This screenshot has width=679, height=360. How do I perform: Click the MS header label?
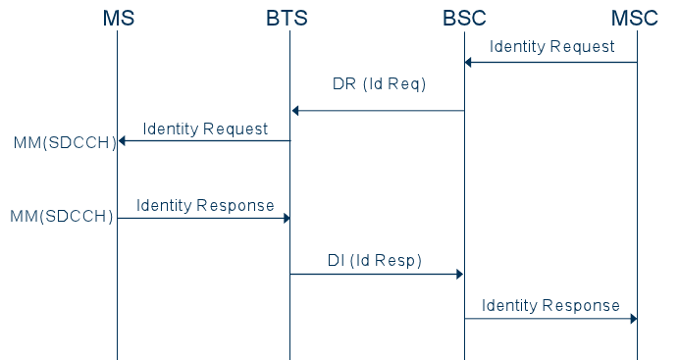pos(118,18)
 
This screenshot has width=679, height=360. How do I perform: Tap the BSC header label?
pos(464,18)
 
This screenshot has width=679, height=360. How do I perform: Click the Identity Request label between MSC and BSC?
pos(552,46)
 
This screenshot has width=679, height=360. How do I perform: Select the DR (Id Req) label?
pos(379,84)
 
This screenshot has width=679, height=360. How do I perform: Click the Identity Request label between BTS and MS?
pos(205,129)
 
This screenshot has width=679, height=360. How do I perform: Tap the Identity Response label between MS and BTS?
pos(205,205)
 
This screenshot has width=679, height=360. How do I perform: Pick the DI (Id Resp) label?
pos(374,260)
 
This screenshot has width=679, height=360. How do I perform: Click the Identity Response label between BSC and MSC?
pos(550,305)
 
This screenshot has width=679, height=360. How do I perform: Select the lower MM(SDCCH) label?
pos(62,216)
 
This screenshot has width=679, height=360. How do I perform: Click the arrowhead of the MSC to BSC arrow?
pos(469,63)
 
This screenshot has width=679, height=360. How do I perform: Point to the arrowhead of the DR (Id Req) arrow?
pos(295,111)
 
